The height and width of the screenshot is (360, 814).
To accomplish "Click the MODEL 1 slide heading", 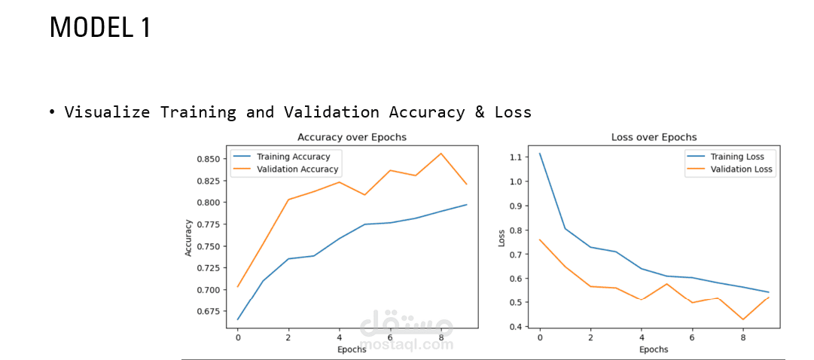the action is pos(100,28).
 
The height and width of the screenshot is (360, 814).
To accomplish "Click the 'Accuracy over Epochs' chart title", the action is pos(352,137).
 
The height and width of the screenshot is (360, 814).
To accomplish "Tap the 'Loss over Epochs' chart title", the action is pos(654,137).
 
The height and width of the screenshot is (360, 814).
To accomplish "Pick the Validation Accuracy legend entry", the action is pos(285,169).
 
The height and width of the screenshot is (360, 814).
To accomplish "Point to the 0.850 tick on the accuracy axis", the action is pos(209,158).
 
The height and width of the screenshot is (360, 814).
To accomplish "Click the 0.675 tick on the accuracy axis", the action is pos(209,311).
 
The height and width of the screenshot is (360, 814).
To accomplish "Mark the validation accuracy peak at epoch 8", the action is pos(441,153).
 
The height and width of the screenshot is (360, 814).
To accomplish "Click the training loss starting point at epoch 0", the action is pos(540,153).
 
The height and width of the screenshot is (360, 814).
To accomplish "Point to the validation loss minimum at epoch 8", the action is pos(743,319).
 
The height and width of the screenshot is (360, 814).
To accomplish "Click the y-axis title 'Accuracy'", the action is pos(188,238).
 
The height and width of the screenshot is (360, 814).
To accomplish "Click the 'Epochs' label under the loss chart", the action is pos(654,349).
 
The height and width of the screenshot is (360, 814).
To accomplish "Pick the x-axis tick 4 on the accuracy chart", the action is pos(340,337).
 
